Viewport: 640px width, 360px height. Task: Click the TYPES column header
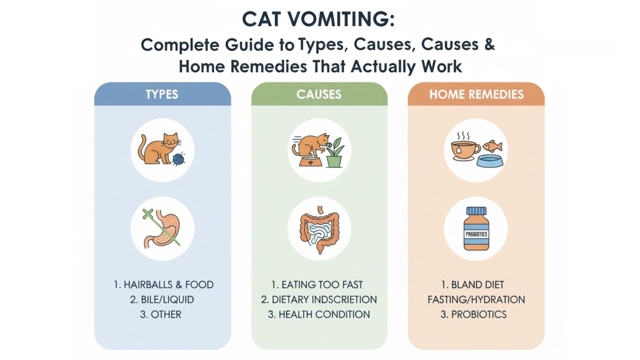pos(162,94)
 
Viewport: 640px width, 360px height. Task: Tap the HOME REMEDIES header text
pos(476,94)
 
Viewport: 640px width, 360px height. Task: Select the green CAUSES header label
pos(319,94)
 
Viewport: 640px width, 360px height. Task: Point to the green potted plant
pos(335,153)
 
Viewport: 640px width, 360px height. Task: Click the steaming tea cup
pos(465,149)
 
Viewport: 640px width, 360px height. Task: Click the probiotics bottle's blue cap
pos(476,211)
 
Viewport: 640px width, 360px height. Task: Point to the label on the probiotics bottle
pos(476,234)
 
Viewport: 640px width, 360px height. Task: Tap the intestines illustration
pos(319,230)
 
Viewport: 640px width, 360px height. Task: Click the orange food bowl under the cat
pos(310,162)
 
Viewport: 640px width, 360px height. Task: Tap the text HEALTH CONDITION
pos(324,314)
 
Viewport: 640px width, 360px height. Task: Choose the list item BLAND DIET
pos(477,285)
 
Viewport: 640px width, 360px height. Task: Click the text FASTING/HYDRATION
pos(476,299)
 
